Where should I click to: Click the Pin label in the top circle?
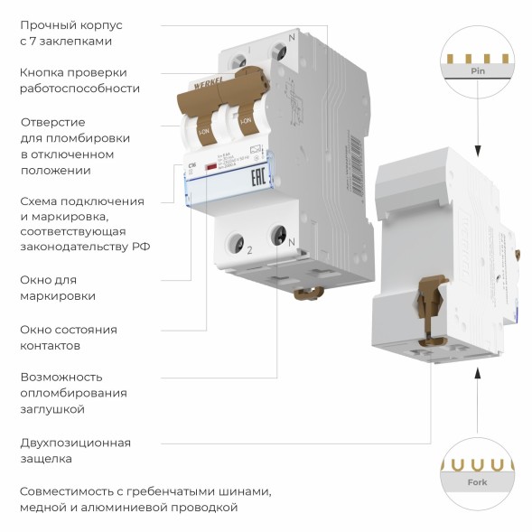point(479,70)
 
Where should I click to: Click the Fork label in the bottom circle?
point(478,481)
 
